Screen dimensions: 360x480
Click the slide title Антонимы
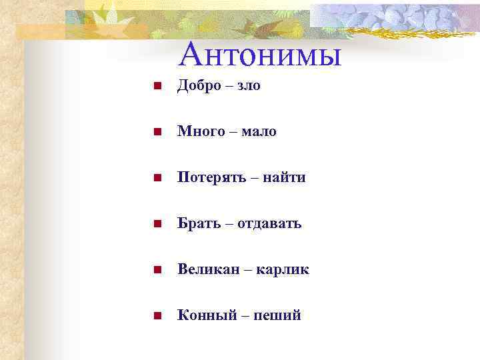coord(260,55)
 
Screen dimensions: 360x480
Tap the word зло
coord(248,87)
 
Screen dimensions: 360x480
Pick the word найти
coord(283,178)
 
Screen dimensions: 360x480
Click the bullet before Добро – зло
coord(156,87)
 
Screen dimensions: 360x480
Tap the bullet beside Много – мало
coord(156,133)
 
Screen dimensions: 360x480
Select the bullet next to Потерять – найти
coord(156,179)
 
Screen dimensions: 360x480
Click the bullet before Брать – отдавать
coord(156,224)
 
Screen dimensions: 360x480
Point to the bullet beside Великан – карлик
coord(156,270)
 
